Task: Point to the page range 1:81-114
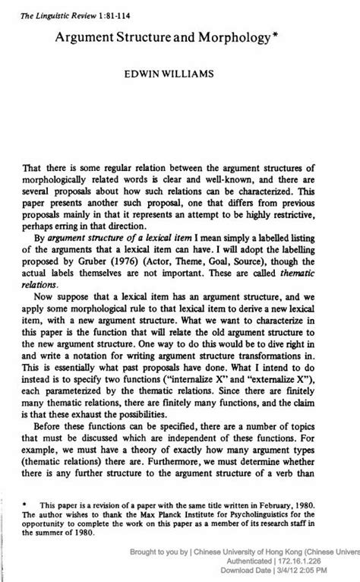click(109, 7)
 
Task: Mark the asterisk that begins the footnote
click(25, 504)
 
